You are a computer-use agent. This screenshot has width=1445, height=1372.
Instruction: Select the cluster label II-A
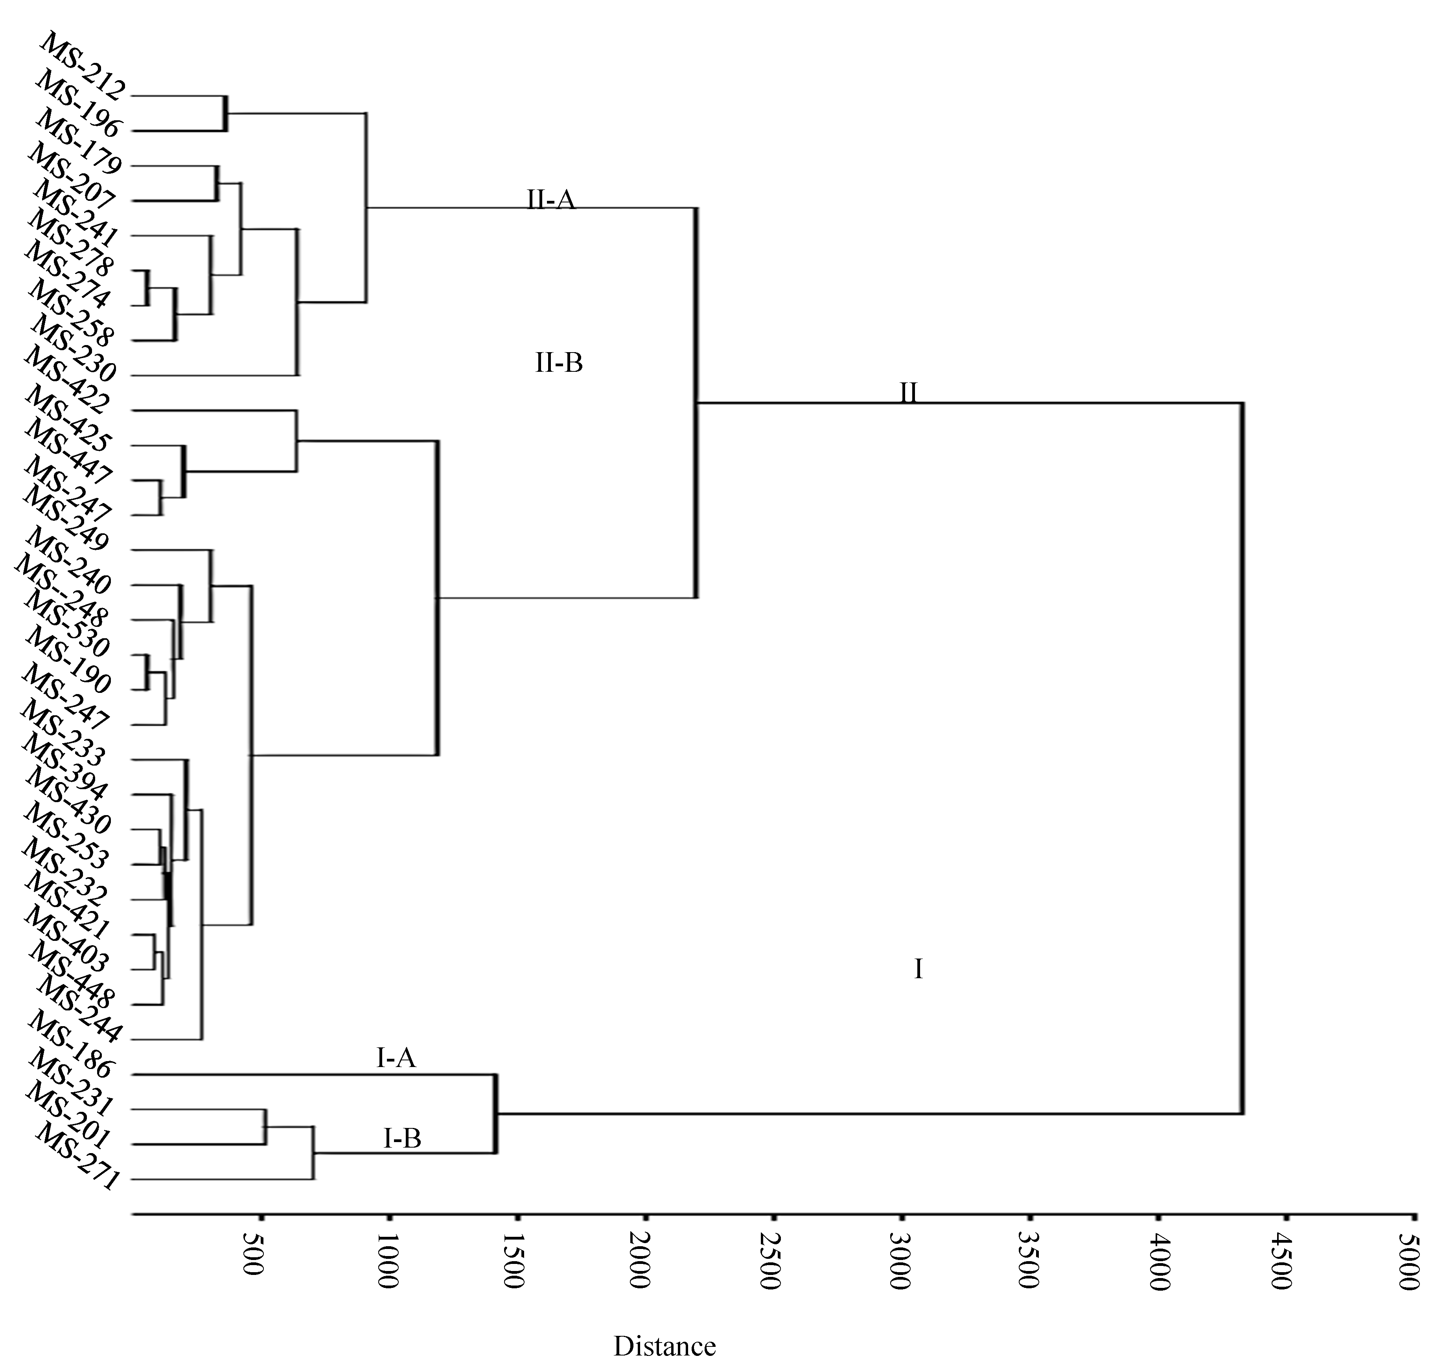[551, 199]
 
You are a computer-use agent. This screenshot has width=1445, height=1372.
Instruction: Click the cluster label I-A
[396, 1058]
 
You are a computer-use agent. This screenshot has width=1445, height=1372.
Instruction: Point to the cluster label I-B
[402, 1138]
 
